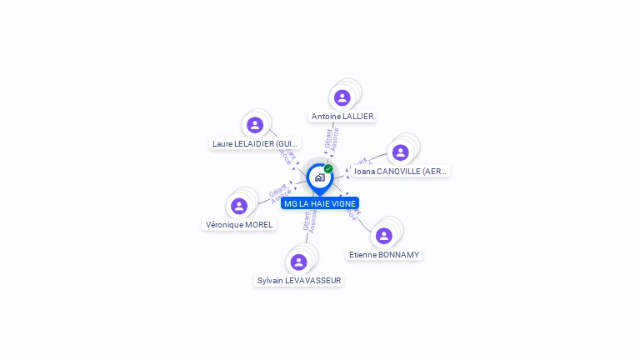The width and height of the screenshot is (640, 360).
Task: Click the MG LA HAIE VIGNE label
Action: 320,203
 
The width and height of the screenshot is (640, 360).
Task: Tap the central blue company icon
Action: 319,177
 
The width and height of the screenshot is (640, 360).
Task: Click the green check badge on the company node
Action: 328,169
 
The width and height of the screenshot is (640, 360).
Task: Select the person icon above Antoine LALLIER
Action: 342,97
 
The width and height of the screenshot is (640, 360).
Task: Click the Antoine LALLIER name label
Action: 342,117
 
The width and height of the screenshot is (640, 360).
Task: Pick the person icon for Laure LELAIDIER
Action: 255,125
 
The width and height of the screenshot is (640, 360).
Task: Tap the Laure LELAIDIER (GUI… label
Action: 255,144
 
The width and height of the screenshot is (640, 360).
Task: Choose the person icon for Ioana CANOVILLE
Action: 400,152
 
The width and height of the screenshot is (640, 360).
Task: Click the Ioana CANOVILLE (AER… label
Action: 400,172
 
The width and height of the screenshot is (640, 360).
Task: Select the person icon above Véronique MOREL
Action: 239,206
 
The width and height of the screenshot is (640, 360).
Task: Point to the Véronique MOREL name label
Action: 239,225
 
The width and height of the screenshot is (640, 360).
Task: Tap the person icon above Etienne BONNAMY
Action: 383,236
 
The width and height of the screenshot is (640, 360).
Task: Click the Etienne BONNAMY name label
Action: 384,255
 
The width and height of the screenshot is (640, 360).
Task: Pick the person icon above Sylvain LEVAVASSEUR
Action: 298,262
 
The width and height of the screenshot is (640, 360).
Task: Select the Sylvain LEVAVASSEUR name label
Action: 299,281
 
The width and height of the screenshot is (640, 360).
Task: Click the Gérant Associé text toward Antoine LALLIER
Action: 332,139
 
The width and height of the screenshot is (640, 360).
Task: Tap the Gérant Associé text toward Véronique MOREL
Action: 279,192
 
